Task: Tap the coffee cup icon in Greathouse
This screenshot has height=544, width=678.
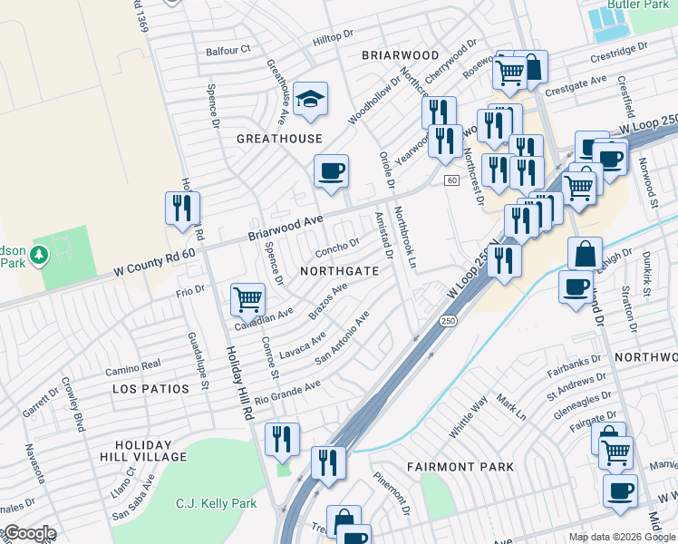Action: (x=331, y=170)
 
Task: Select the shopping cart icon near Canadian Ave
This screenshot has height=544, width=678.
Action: (x=247, y=297)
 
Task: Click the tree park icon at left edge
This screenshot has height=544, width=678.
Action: (x=39, y=257)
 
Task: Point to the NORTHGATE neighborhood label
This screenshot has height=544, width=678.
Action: (x=339, y=271)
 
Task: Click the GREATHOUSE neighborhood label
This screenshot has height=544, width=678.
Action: (x=279, y=139)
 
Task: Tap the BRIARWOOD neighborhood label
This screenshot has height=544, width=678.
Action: (x=400, y=55)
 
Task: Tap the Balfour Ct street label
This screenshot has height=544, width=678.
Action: (x=228, y=51)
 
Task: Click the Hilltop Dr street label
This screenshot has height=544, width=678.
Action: (x=333, y=36)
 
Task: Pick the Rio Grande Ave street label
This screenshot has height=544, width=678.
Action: (x=287, y=392)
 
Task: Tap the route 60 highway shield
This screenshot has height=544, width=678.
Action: (x=450, y=180)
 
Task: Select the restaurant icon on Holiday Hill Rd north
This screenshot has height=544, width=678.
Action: (x=182, y=208)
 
